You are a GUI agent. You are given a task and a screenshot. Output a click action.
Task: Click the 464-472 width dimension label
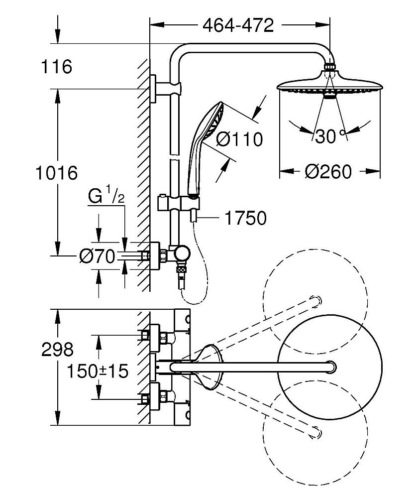(x=238, y=25)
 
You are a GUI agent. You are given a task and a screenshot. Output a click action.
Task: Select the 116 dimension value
(x=57, y=66)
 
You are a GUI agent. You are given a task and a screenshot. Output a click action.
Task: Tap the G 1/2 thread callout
(x=106, y=197)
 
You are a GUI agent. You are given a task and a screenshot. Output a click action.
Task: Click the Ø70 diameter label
(x=97, y=256)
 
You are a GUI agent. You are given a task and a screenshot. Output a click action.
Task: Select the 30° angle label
(x=329, y=136)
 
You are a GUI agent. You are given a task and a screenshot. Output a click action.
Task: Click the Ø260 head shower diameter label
(x=328, y=172)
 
